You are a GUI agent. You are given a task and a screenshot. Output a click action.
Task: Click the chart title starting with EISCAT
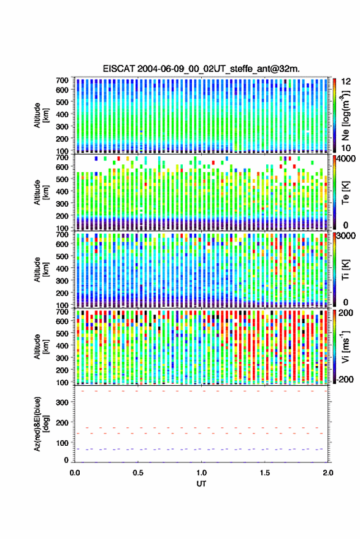click(201, 69)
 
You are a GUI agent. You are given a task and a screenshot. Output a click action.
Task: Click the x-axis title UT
click(201, 484)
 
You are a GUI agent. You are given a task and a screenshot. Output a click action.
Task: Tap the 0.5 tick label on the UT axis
click(138, 473)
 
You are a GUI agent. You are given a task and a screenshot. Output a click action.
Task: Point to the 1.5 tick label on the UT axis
click(265, 473)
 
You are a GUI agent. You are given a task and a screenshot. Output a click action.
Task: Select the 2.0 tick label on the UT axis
click(327, 473)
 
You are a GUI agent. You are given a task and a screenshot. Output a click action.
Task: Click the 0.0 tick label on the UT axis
click(75, 473)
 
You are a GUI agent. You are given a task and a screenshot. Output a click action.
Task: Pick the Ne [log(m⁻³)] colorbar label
click(345, 115)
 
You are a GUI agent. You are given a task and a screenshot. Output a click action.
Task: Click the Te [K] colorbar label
click(345, 193)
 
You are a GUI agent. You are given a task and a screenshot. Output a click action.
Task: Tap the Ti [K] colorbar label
click(345, 270)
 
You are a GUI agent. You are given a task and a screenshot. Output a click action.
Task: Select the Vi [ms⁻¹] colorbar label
click(345, 346)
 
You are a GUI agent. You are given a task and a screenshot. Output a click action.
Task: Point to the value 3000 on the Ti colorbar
click(347, 236)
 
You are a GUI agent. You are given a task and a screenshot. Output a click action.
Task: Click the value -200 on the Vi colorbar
click(344, 379)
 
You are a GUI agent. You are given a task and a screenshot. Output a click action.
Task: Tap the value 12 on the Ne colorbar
click(346, 82)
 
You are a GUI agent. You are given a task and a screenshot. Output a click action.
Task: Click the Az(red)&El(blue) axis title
click(41, 424)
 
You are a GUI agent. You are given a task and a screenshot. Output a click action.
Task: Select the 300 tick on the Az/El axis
click(62, 402)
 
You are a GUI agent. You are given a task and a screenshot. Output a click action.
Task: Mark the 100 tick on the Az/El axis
click(62, 443)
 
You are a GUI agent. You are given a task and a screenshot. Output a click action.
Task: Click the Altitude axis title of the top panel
click(41, 115)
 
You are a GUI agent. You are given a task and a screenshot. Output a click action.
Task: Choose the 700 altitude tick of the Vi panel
click(62, 312)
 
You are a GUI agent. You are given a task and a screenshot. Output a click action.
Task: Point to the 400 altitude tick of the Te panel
click(62, 191)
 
